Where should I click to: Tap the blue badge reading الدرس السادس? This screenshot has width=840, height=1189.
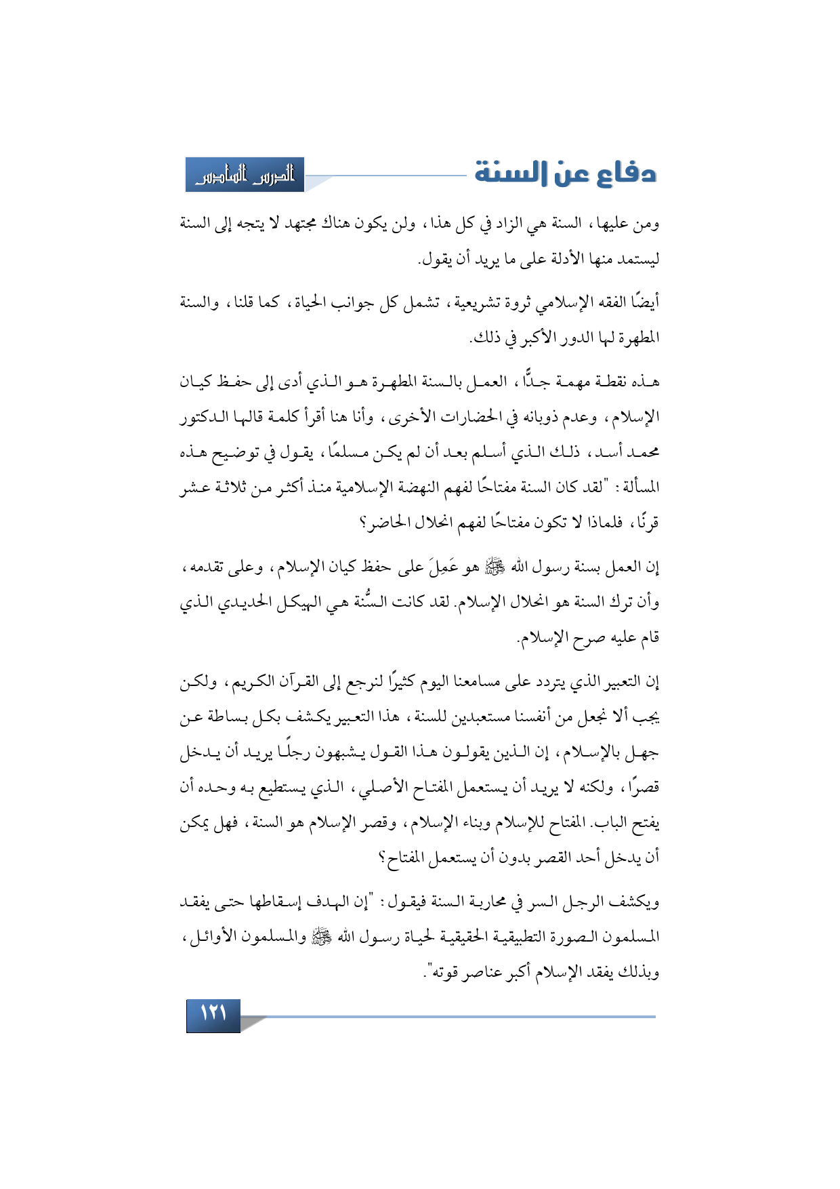(x=245, y=176)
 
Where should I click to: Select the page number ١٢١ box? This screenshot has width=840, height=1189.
(x=213, y=1015)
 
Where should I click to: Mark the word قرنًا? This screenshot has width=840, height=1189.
(x=646, y=523)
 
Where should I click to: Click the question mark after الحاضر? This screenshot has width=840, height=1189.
(x=363, y=523)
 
